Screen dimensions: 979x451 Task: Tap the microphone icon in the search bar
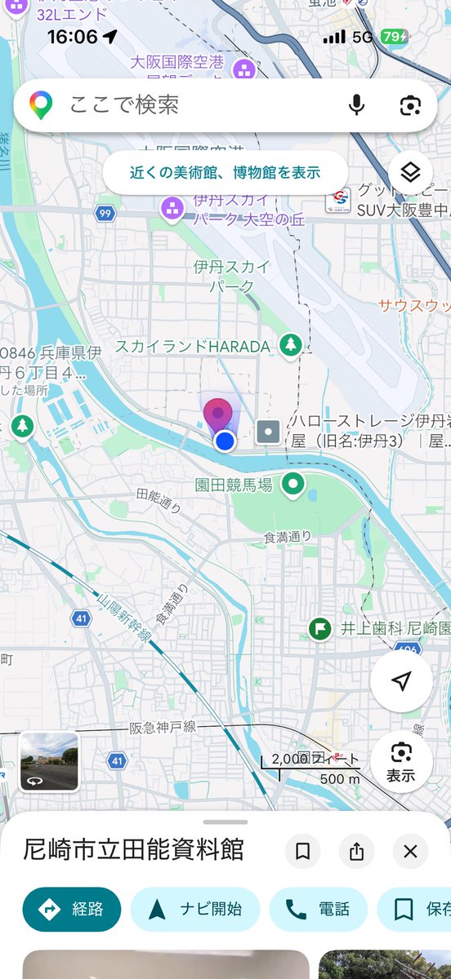[x=356, y=105]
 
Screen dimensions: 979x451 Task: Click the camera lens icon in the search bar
[x=409, y=105]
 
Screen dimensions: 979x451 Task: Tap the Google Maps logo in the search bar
[x=41, y=104]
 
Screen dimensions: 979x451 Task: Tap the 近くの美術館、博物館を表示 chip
[x=225, y=172]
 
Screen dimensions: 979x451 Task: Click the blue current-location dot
[x=225, y=441]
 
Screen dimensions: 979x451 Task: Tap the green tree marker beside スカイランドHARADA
[x=289, y=345]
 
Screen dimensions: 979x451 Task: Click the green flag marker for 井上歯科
[x=320, y=628]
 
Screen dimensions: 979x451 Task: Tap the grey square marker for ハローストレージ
[x=268, y=432]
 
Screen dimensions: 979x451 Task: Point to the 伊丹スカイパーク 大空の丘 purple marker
[x=172, y=210]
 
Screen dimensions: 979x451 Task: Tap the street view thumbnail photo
[x=49, y=762]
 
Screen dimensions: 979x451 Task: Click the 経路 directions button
[x=72, y=909]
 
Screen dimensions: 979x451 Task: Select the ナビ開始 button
[x=194, y=909]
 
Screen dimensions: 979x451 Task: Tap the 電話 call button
[x=319, y=909]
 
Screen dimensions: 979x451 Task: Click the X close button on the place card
[x=410, y=852]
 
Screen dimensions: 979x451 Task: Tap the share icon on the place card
[x=356, y=852]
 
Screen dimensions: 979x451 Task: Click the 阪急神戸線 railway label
[x=163, y=727]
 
